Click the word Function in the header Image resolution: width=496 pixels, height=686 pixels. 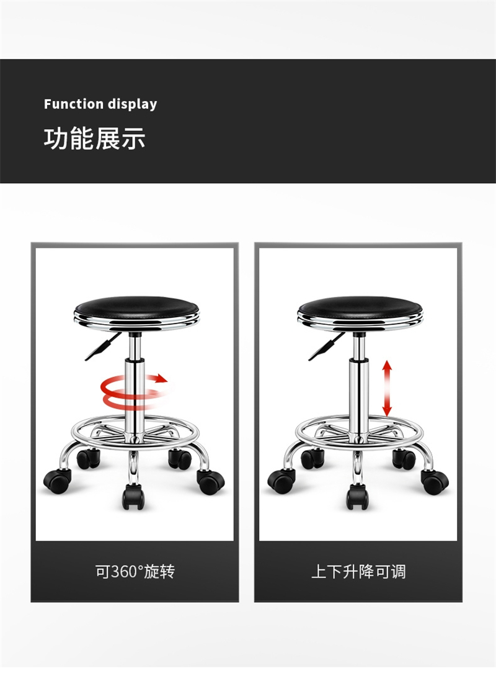point(73,104)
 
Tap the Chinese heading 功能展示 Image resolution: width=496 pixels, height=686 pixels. point(94,138)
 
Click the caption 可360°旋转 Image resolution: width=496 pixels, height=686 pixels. point(135,571)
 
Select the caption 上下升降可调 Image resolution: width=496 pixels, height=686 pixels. point(358,571)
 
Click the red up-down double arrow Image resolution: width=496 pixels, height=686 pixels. point(387,388)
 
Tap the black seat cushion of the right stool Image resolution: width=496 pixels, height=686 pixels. point(360,305)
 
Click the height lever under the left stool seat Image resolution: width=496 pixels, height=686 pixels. point(103,346)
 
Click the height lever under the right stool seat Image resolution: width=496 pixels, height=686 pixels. point(327,346)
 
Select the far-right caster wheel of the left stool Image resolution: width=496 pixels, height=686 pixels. point(211,481)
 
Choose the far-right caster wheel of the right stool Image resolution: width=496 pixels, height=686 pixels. point(435,481)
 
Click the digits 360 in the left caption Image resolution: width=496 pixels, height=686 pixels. point(124,572)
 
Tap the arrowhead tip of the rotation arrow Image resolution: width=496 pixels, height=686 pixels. point(168,379)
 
